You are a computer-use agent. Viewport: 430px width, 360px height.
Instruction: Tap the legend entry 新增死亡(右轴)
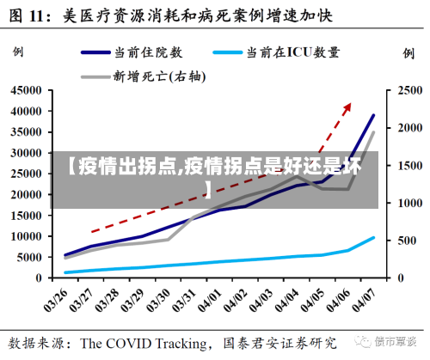click(159, 76)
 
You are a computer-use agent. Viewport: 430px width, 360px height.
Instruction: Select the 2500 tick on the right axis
click(408, 90)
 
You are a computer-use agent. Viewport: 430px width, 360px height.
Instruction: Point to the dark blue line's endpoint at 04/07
click(373, 114)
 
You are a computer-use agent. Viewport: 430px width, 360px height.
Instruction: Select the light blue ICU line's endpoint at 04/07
click(373, 238)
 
